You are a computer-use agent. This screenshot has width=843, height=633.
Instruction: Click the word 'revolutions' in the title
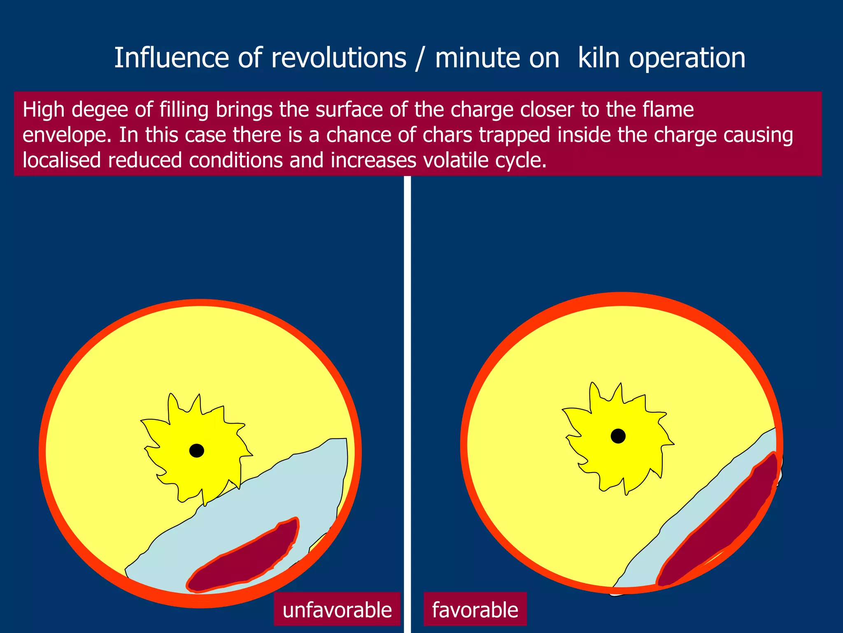pyautogui.click(x=338, y=58)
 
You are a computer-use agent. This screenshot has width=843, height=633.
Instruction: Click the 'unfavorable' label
pyautogui.click(x=337, y=610)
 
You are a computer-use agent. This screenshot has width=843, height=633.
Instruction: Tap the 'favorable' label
pyautogui.click(x=475, y=610)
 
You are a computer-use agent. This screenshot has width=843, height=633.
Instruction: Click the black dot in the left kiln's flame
pyautogui.click(x=197, y=450)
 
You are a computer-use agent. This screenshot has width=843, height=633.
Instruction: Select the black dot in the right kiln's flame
pyautogui.click(x=618, y=436)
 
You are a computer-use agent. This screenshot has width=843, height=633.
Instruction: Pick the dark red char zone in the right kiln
pyautogui.click(x=720, y=523)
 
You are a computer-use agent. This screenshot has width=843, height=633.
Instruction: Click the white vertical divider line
pyautogui.click(x=408, y=371)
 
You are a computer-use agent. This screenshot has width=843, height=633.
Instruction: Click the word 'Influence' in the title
pyautogui.click(x=171, y=58)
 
